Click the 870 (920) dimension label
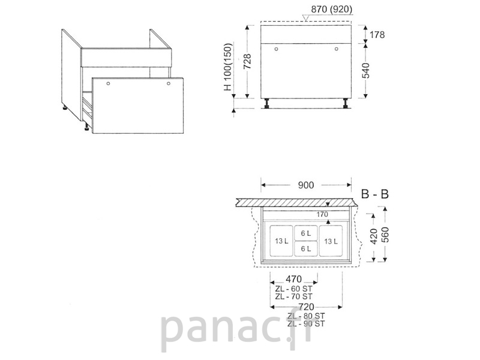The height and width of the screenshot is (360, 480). coord(332,10)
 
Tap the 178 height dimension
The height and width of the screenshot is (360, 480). coord(377,35)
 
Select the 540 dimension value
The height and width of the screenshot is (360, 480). coord(366,70)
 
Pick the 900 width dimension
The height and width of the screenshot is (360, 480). coord(306,185)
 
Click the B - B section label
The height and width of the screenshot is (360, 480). coord(374,194)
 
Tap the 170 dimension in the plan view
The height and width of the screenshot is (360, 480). coord(322,215)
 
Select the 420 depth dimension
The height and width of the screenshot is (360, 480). coord(374,236)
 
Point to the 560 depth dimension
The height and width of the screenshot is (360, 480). coord(385,235)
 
